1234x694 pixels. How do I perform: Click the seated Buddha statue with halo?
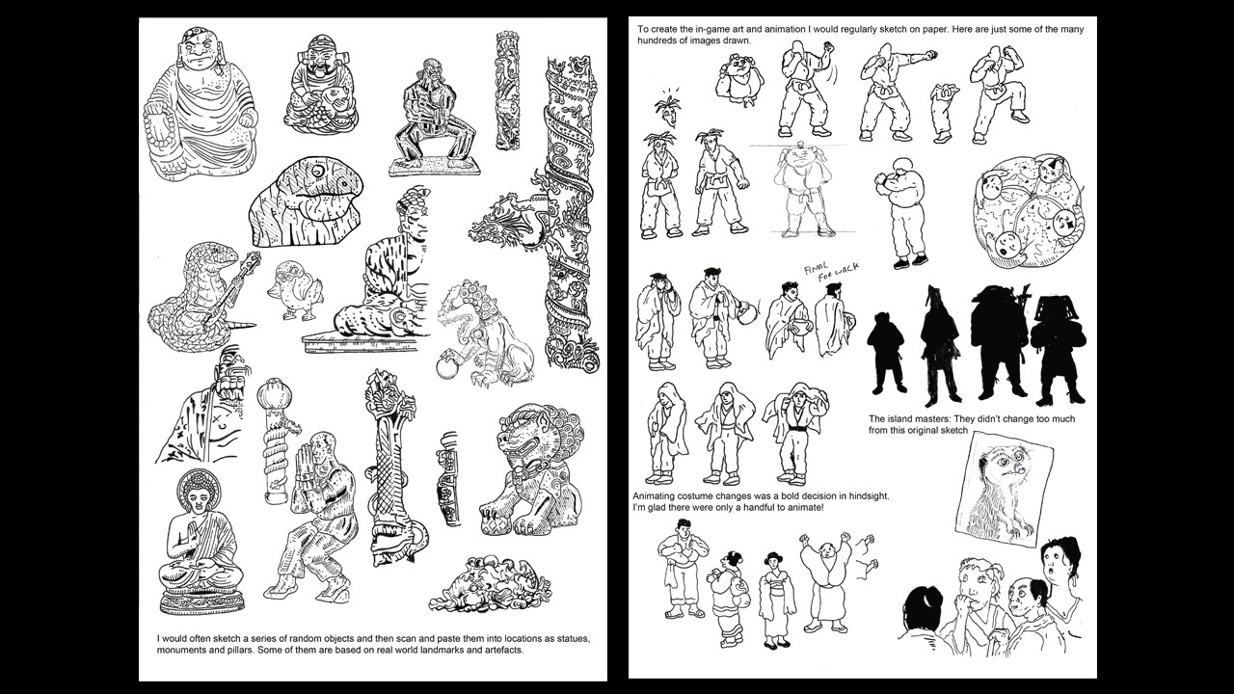pos(201,543)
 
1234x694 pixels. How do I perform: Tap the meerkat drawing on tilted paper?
pos(1004,489)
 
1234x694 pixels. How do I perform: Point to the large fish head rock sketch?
pos(307,201)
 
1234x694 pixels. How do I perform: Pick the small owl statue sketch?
pos(295,290)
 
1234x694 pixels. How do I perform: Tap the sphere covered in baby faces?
pos(1029,211)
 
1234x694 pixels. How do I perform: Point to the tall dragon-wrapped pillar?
pos(570,212)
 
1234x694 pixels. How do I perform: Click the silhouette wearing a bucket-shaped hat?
pos(1058,348)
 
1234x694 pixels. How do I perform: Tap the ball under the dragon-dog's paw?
pos(447,369)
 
